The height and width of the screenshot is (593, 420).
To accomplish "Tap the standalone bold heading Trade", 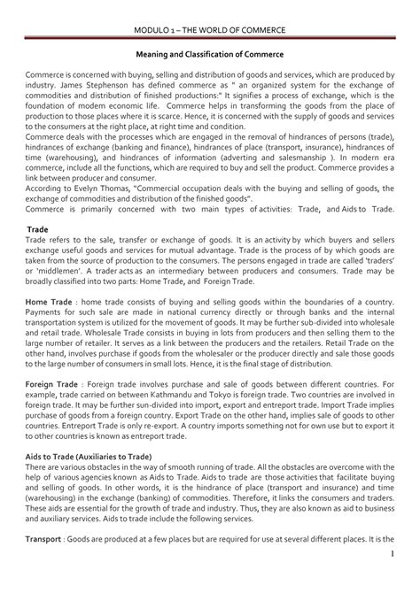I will point(35,253).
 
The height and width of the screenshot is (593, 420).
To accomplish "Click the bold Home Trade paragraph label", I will point(49,327).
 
